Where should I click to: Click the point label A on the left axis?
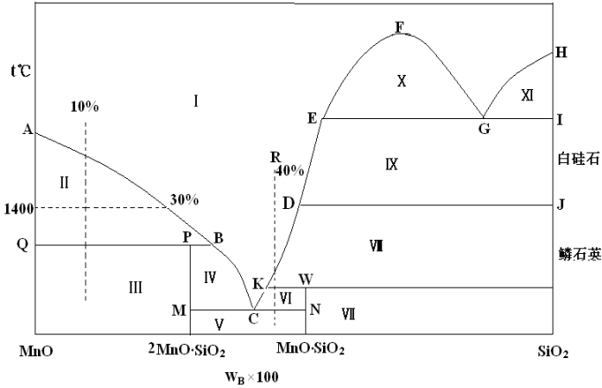click(27, 130)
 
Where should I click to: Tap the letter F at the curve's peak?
click(400, 27)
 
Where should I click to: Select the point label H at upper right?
click(561, 52)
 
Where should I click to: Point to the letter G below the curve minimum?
click(484, 129)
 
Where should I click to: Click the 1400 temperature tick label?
click(19, 209)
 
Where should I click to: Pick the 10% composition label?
click(85, 107)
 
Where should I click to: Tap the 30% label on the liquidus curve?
click(184, 199)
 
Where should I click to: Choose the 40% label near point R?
click(290, 170)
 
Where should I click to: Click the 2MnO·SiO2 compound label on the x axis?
click(187, 350)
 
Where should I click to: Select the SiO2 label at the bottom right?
click(553, 352)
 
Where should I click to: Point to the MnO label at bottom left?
click(36, 351)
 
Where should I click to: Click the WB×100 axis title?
click(252, 377)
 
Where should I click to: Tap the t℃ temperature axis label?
click(20, 71)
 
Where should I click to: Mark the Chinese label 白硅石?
click(578, 159)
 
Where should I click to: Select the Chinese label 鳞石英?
click(580, 254)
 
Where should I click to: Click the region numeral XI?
click(527, 94)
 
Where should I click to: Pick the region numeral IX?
click(391, 165)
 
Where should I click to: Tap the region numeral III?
click(136, 287)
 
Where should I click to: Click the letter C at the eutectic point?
click(253, 318)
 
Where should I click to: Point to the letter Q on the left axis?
click(23, 244)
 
